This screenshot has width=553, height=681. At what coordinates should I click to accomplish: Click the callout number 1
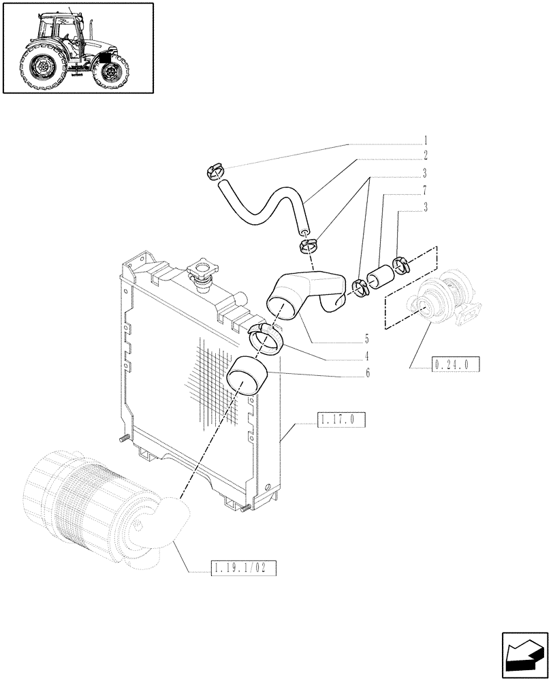point(425,143)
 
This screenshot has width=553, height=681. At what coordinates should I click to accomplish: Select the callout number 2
point(425,156)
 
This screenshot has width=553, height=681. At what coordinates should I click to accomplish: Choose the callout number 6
point(366,373)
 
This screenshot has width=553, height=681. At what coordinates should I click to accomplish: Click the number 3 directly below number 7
point(425,208)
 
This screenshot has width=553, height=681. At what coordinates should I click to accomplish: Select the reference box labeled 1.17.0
point(341,421)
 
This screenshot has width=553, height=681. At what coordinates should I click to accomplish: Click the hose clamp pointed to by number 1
point(214,173)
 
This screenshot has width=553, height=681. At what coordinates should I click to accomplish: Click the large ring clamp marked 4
point(265,339)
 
